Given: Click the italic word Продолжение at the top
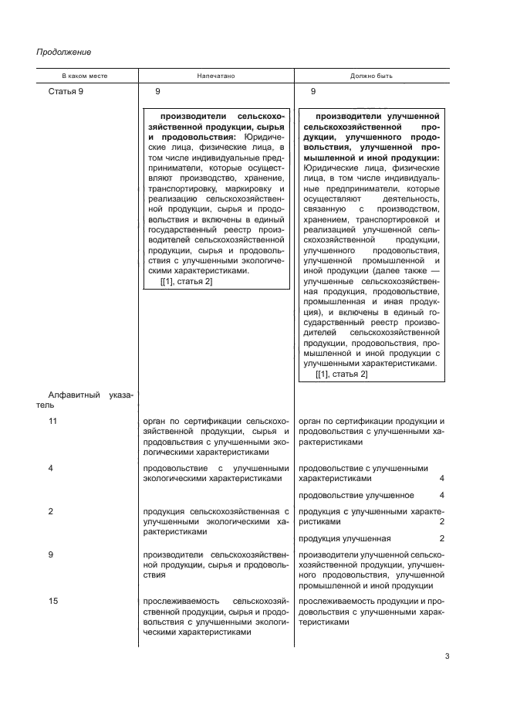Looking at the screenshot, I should tap(64, 53).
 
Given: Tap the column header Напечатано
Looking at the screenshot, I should tap(215, 77).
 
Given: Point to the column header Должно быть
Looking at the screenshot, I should tap(372, 77).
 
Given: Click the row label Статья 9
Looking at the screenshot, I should tap(66, 92).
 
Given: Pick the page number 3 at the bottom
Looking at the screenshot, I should tap(448, 657).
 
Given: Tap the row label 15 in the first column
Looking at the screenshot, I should tap(52, 602).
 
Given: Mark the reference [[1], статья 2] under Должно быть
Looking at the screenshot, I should tap(342, 375).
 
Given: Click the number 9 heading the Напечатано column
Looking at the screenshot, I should tap(157, 92).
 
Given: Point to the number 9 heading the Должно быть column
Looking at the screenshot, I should tap(313, 92).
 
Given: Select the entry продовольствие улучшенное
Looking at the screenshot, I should tap(356, 495).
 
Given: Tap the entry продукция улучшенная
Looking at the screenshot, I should tap(344, 538).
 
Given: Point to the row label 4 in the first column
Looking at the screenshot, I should tap(50, 468).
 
